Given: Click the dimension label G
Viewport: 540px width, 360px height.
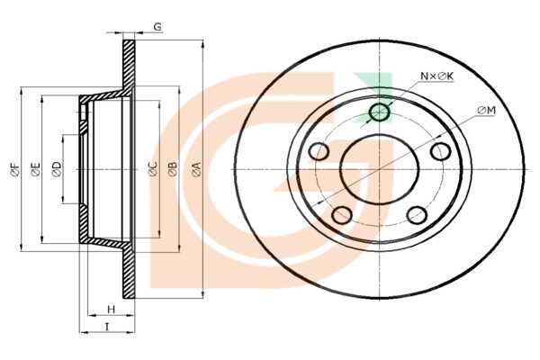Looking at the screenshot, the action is [x=157, y=27].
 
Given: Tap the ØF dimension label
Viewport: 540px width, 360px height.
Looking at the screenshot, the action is [x=15, y=169].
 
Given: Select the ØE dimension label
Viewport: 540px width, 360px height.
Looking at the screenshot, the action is [x=35, y=169].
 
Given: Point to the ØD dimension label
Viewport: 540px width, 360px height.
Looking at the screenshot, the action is [x=57, y=169].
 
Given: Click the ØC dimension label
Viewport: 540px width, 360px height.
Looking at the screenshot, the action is [x=153, y=169].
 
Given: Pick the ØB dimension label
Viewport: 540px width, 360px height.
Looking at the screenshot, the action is [x=173, y=169].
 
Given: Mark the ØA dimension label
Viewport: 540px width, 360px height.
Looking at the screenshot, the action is [x=196, y=169].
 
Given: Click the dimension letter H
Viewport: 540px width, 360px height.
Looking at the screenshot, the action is [x=111, y=310].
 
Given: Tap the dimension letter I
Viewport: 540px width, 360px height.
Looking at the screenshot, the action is [x=107, y=327].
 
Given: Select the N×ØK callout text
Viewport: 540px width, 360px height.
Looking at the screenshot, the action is [x=437, y=76].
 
